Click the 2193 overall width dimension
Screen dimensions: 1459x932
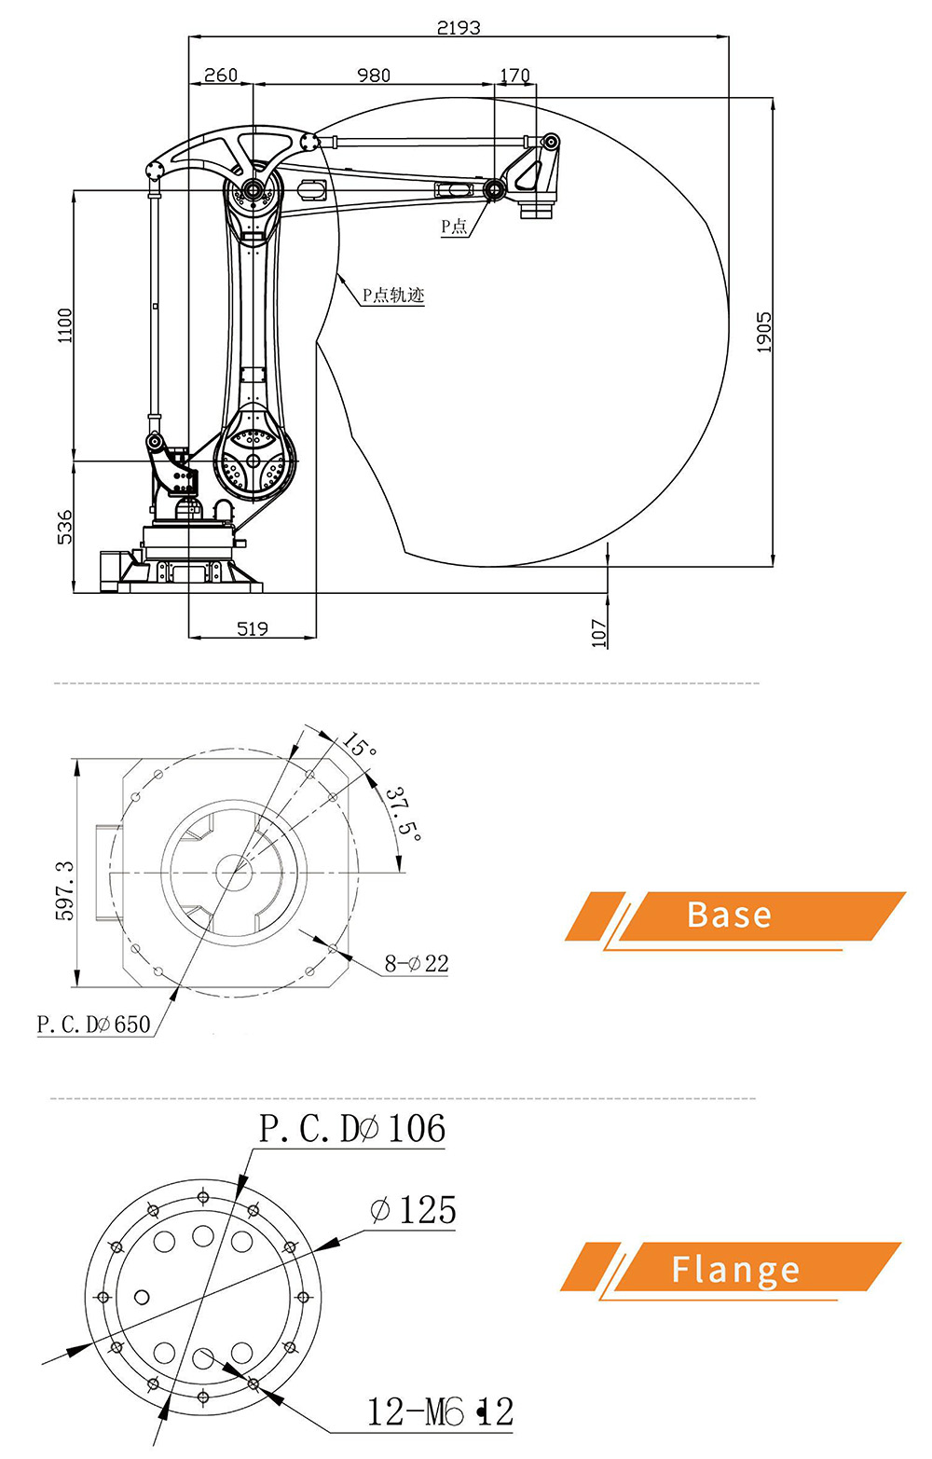pyautogui.click(x=459, y=27)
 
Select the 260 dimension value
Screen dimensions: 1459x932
pyautogui.click(x=221, y=75)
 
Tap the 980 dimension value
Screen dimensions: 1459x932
pyautogui.click(x=374, y=75)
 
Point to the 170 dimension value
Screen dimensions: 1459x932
pyautogui.click(x=514, y=75)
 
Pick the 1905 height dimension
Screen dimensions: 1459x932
pyautogui.click(x=763, y=332)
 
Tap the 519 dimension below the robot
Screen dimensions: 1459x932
pyautogui.click(x=253, y=628)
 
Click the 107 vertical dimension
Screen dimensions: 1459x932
pyautogui.click(x=599, y=633)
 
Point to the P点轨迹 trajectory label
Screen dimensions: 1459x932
pyautogui.click(x=393, y=296)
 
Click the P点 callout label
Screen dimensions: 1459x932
pyautogui.click(x=454, y=227)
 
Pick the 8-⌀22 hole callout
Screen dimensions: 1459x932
pyautogui.click(x=417, y=963)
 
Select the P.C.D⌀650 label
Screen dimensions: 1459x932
pyautogui.click(x=93, y=1024)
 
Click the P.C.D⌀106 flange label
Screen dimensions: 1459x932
pyautogui.click(x=352, y=1129)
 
